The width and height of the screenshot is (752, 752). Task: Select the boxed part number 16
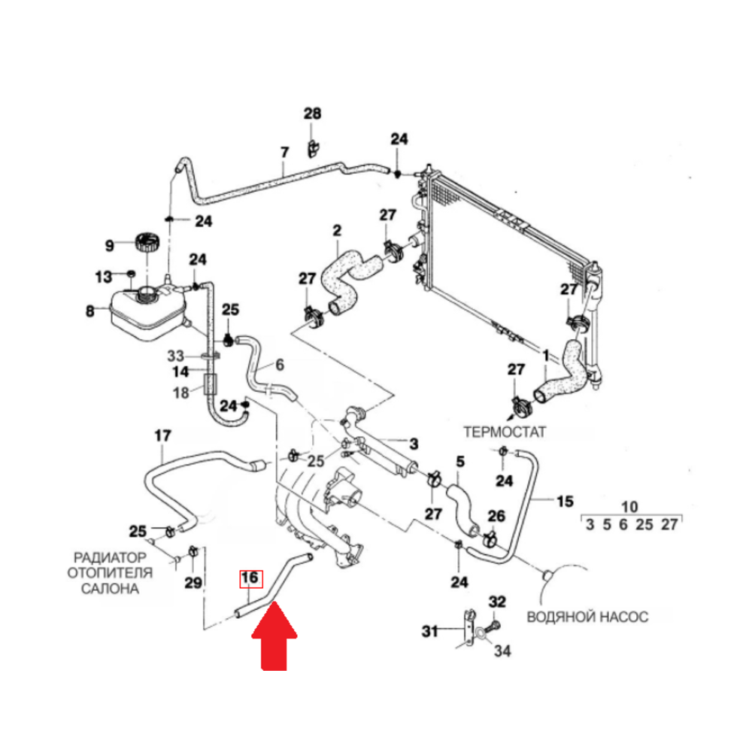tap(250, 578)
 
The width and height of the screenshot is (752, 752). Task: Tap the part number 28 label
tap(312, 114)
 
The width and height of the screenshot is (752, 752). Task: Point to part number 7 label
tap(284, 153)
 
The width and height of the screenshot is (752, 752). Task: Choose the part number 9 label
tap(109, 245)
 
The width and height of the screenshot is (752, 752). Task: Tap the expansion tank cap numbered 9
tap(146, 244)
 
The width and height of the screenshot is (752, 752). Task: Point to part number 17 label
tap(162, 435)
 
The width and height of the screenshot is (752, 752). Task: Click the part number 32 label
tap(498, 602)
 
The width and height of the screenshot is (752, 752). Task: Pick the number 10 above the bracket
tap(630, 506)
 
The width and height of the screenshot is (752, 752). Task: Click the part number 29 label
tap(193, 583)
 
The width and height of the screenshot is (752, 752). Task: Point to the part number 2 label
tap(336, 229)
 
